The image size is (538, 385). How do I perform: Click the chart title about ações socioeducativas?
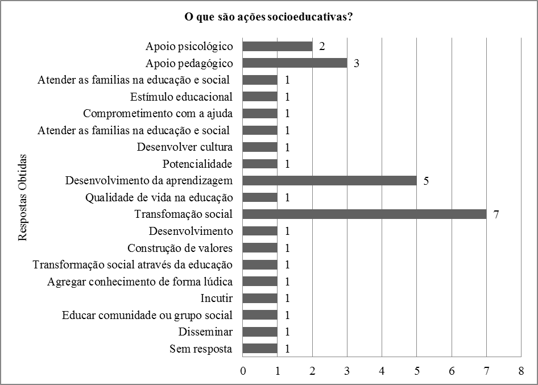point(269,17)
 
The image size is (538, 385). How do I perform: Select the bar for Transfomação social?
point(365,214)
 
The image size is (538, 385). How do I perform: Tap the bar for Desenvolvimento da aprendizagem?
point(330,181)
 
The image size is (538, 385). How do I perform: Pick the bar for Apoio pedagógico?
point(295,63)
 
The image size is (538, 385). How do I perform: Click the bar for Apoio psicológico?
point(278,46)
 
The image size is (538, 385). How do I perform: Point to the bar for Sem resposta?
point(260,349)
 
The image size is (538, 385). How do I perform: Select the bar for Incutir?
point(260,298)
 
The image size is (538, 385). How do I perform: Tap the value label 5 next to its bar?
point(427,181)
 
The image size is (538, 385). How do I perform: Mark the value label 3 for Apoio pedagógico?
point(357,63)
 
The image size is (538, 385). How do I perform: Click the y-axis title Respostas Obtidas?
point(23,197)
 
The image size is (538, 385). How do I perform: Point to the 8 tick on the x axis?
point(521,371)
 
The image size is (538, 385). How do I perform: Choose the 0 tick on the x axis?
point(243,371)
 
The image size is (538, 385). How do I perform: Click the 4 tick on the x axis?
point(382,371)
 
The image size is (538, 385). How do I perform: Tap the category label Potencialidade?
point(197,164)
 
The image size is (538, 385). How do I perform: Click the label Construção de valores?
point(180,248)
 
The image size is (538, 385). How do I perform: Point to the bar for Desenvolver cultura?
point(260,147)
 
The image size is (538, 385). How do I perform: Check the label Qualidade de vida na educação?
point(159,197)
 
